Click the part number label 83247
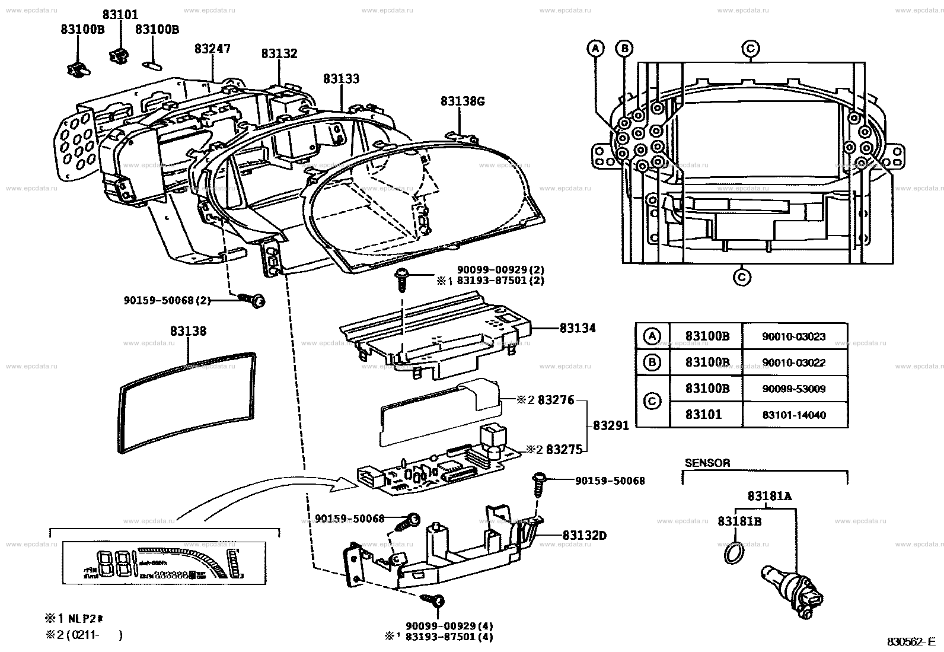(212, 49)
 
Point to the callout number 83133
(341, 79)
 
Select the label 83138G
(463, 101)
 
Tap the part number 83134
(578, 328)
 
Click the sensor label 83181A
(770, 497)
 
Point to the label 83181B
(739, 521)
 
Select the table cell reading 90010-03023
(793, 337)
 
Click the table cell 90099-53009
(793, 389)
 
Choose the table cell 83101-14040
(793, 415)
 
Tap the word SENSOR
(707, 463)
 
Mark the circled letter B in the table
(652, 362)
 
